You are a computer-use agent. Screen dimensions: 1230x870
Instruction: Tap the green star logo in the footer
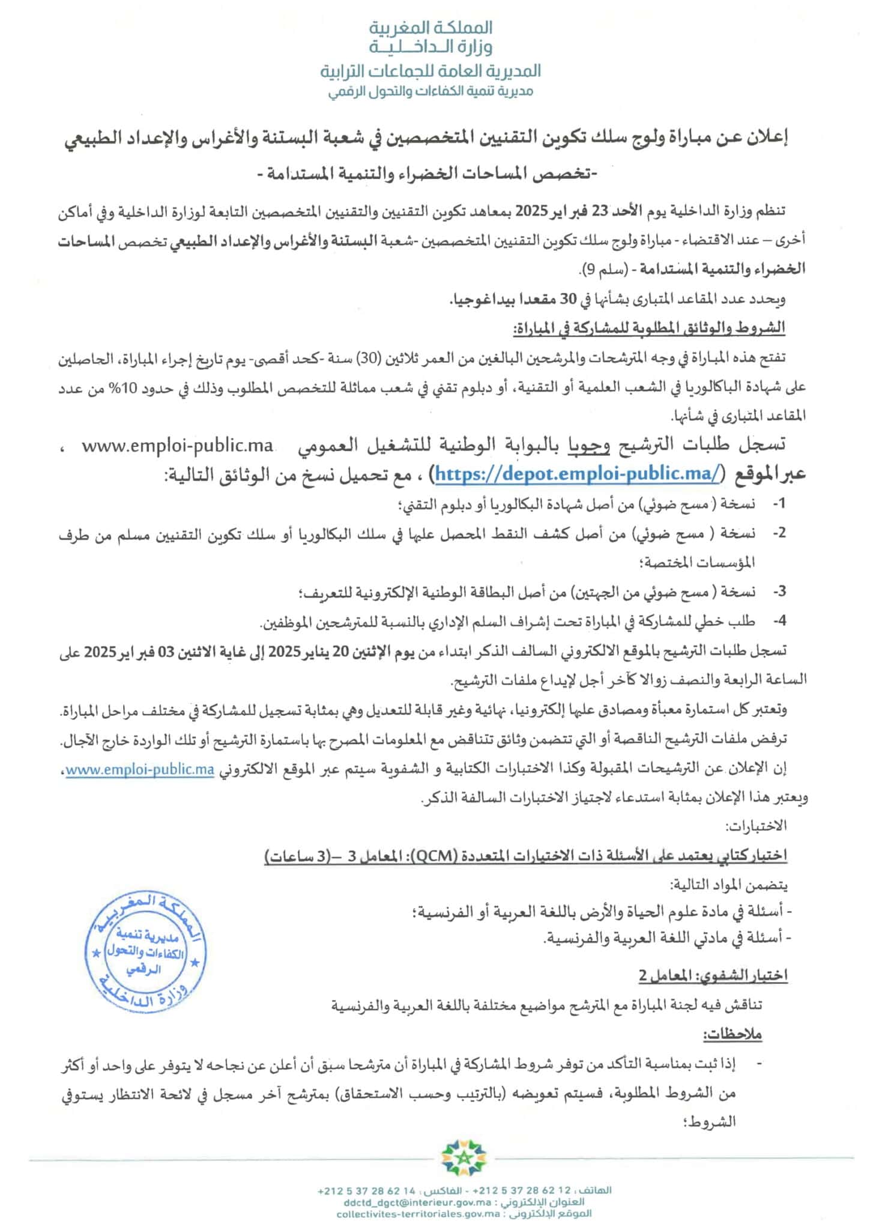[462, 1157]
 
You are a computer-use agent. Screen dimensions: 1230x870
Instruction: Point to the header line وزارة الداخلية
[430, 47]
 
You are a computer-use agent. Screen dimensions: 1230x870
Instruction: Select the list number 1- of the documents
[778, 503]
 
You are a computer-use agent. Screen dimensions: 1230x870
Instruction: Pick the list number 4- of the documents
[779, 620]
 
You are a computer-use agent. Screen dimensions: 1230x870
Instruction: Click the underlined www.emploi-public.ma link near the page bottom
[139, 771]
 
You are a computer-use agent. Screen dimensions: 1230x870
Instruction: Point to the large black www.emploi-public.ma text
[177, 446]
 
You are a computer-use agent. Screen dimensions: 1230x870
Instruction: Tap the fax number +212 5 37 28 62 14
[367, 1190]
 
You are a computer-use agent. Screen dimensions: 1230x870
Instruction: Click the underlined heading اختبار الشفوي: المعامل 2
[712, 976]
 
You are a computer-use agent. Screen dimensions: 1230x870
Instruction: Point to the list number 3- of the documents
[779, 592]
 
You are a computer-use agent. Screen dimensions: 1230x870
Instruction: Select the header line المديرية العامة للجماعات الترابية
[430, 71]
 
